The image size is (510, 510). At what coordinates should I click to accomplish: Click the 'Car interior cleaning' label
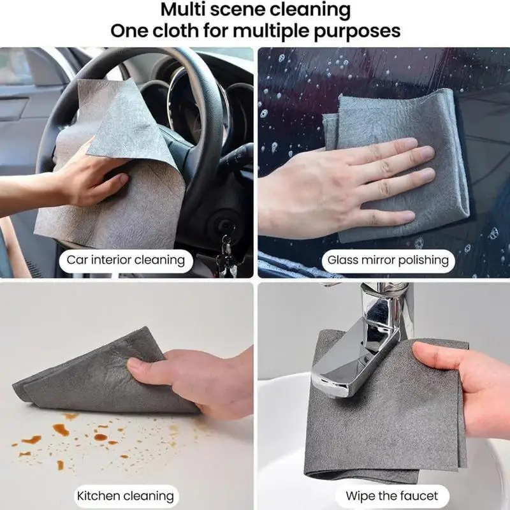click(126, 259)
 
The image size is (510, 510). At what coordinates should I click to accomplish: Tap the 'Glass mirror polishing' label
click(388, 259)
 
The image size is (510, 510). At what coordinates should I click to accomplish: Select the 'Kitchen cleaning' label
click(126, 495)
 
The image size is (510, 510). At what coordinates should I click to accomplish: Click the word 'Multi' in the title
click(186, 10)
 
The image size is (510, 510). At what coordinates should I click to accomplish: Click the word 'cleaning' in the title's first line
click(306, 10)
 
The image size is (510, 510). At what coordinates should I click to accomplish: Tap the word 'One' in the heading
click(130, 31)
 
